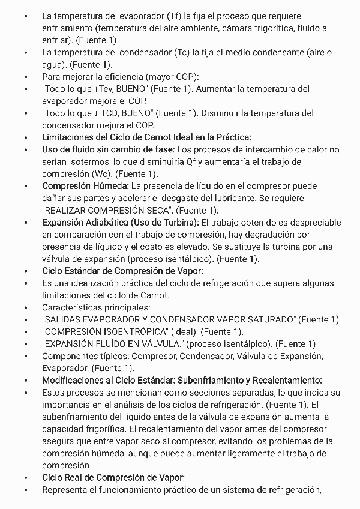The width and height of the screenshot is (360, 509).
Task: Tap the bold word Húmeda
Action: [109, 186]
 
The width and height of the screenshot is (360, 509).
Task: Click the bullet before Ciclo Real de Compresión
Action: [26, 477]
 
